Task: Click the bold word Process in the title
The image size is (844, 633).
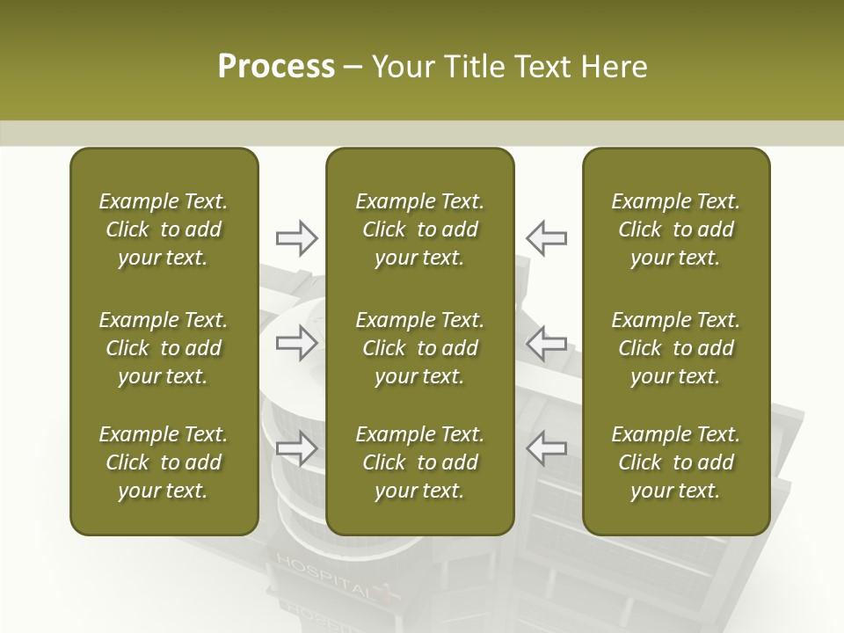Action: coord(276,66)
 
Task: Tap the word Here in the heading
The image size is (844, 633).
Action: coord(614,66)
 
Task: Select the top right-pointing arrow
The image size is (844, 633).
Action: coord(297,238)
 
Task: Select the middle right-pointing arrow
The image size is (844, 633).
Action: coord(297,342)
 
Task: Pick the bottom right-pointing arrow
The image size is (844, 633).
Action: coord(297,447)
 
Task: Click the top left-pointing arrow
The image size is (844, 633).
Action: coord(546,238)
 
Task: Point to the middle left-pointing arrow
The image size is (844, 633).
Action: coord(546,342)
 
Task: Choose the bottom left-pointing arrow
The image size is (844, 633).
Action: coord(546,447)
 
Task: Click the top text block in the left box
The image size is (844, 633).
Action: coord(164,229)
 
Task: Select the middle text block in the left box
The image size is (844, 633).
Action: coord(164,348)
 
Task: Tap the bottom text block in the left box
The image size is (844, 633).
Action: coord(164,462)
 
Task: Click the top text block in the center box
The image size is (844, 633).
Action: coord(420,229)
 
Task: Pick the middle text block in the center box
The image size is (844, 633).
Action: coord(420,348)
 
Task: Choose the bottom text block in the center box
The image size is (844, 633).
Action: coord(420,462)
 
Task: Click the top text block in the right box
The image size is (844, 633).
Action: coord(676,229)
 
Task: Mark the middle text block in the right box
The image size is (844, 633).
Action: coord(676,348)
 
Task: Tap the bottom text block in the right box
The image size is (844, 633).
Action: coord(676,462)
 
